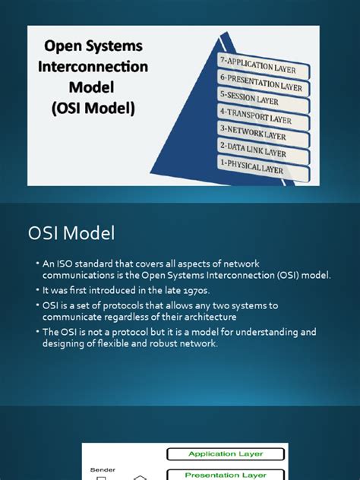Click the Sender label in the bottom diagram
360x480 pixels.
click(98, 470)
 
